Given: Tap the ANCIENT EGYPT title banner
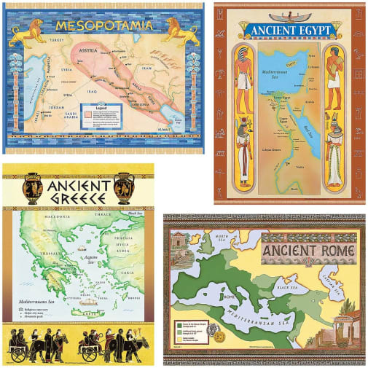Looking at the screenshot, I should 291,30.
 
